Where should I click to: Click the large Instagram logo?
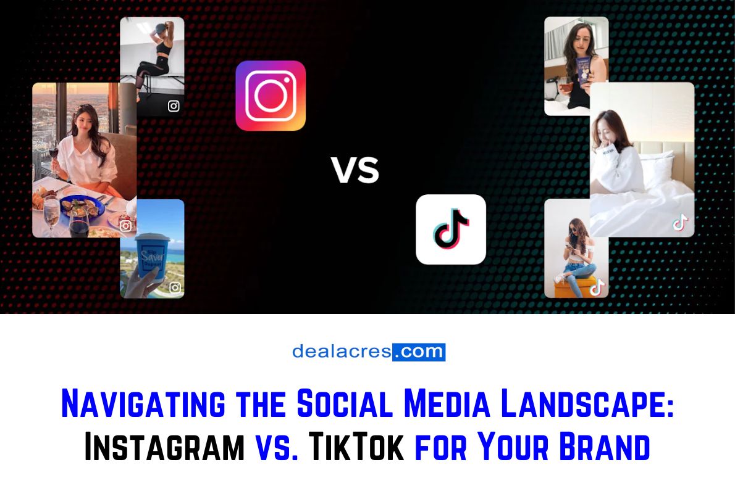271,96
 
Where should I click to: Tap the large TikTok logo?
451,229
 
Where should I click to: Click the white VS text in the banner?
355,170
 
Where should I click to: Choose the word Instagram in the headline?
164,447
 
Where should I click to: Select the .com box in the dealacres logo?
419,352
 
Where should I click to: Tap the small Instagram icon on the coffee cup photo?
175,287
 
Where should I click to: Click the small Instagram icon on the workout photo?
174,106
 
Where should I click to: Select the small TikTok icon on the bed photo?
680,223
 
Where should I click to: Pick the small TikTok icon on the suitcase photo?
597,287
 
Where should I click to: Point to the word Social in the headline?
342,405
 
